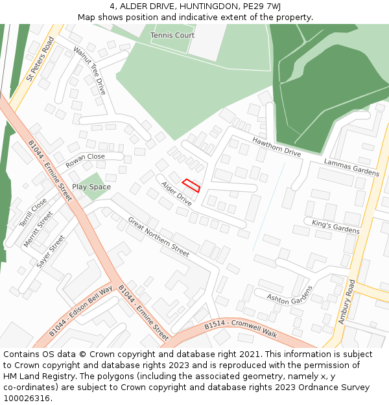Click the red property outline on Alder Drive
tap(191, 185)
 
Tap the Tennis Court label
tap(172, 35)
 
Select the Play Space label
tap(91, 187)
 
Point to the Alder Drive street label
tap(176, 194)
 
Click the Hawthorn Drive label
tap(277, 147)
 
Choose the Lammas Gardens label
tap(351, 168)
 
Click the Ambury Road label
tap(348, 301)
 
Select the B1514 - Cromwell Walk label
tap(241, 329)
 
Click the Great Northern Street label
tap(158, 237)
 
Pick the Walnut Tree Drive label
tap(89, 71)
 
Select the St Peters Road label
tap(40, 60)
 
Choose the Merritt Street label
tap(38, 229)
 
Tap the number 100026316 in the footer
tap(26, 398)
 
